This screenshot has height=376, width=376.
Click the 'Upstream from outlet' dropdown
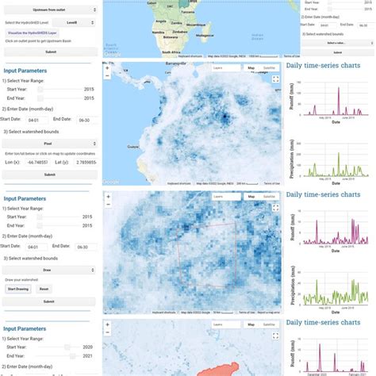coord(49,9)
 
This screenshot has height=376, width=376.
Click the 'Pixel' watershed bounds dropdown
coord(49,144)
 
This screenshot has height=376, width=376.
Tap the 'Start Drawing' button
coord(17,289)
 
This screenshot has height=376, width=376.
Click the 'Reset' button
coord(44,289)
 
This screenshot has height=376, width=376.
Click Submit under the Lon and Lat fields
coord(49,174)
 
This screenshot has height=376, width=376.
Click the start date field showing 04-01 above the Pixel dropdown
coord(33,119)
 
